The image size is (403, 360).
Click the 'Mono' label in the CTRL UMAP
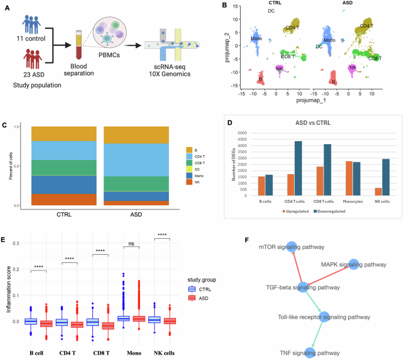(x=256, y=39)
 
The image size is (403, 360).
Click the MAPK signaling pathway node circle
(x=354, y=265)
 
